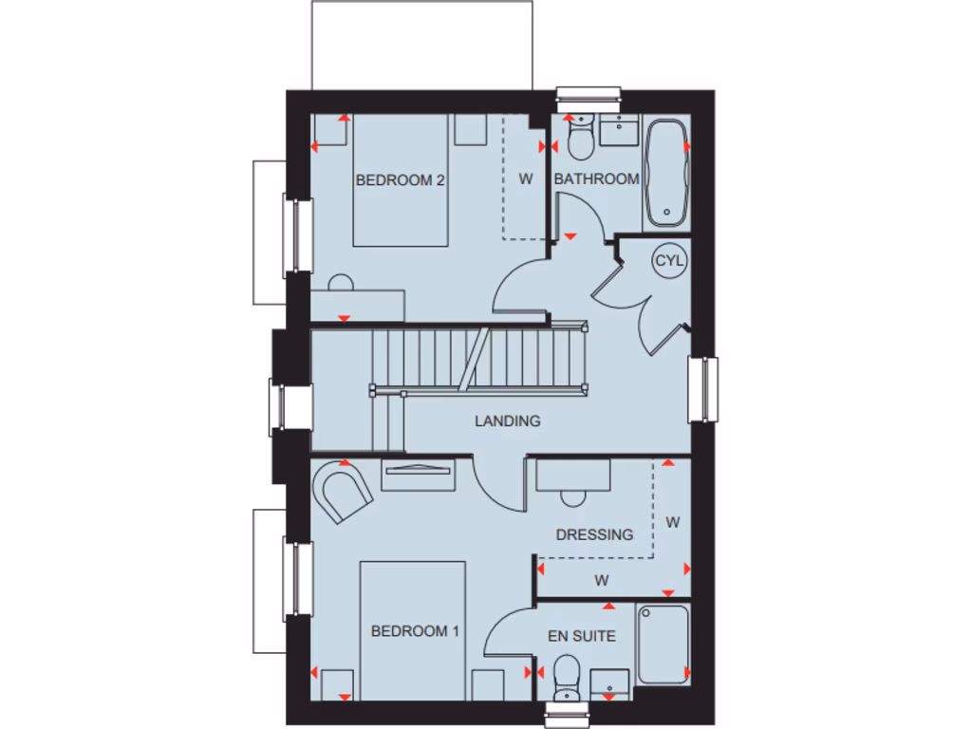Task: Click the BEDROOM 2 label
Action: point(401,180)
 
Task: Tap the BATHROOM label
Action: point(596,178)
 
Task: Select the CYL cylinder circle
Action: point(669,261)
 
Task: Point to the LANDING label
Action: point(508,421)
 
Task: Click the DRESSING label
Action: point(594,534)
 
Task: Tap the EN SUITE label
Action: point(582,636)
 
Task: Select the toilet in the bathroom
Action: point(578,140)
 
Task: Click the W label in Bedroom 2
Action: point(525,178)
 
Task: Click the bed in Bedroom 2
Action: point(401,190)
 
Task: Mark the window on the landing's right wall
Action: point(703,390)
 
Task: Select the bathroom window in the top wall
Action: point(589,93)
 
